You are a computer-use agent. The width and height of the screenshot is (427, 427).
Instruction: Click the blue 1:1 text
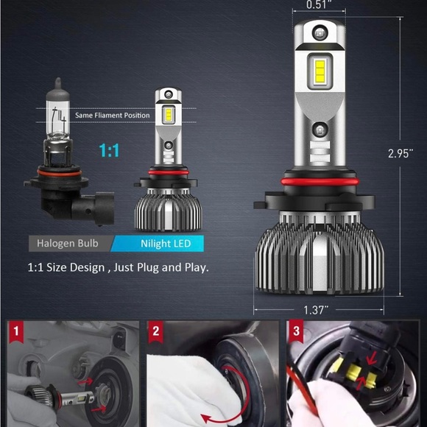(x=110, y=151)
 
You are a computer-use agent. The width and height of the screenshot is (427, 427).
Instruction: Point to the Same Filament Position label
(x=112, y=116)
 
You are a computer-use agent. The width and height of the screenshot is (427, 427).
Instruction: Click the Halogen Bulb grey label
(x=68, y=244)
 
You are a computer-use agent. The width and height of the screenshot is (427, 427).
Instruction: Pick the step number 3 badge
(x=297, y=331)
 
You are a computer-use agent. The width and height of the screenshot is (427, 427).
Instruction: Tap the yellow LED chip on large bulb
(x=320, y=71)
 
